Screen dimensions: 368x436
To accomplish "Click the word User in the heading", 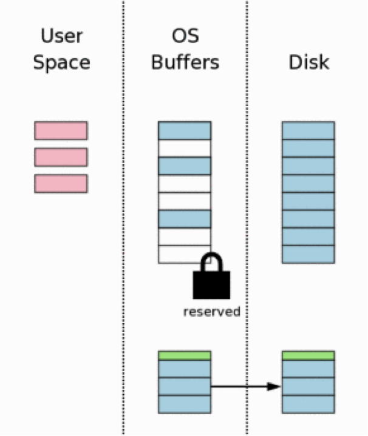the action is [x=61, y=36].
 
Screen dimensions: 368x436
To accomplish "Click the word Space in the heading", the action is [x=61, y=62].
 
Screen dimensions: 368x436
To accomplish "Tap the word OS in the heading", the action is [x=185, y=36].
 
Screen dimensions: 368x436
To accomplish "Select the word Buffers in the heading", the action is [x=185, y=62].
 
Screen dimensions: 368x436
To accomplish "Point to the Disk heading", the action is [x=308, y=62].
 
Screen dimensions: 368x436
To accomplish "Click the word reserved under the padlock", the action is [x=211, y=312].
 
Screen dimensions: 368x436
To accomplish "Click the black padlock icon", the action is [x=211, y=275].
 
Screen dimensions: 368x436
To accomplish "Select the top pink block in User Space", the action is [x=61, y=130].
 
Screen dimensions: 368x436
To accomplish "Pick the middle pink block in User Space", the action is [x=61, y=157].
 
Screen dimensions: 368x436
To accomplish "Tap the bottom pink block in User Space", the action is [x=61, y=184].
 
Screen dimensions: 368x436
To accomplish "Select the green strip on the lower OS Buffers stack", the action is [x=185, y=355].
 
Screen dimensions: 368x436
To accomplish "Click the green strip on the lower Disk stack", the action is [x=308, y=355].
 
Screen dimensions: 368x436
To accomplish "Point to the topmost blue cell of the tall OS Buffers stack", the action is [x=185, y=130].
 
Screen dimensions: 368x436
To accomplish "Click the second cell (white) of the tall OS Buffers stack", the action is [x=185, y=148].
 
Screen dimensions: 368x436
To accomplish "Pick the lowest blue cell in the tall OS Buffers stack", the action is [x=185, y=219].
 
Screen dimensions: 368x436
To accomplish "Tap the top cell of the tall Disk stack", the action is [x=308, y=130].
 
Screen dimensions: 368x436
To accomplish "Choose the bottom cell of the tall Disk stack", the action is [x=308, y=254].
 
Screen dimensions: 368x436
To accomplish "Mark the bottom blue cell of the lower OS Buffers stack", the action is [x=185, y=404].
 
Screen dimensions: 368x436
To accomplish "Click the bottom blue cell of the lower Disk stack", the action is [x=308, y=404].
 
